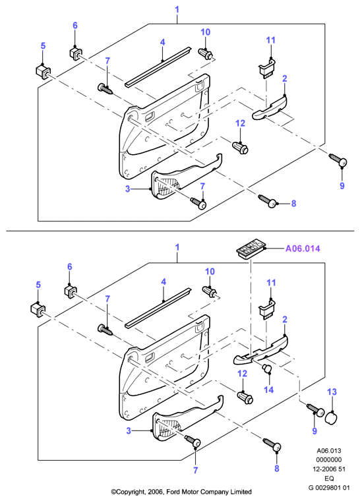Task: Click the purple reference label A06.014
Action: (x=303, y=249)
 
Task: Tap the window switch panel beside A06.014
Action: (x=251, y=249)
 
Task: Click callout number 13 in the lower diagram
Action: (x=332, y=392)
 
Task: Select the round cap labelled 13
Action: (x=331, y=417)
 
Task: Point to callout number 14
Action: (x=268, y=390)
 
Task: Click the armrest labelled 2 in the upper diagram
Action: (x=270, y=108)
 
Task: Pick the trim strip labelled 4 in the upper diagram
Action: (x=158, y=66)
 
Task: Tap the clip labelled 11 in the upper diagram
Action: (x=267, y=69)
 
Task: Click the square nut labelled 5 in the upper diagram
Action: (x=42, y=71)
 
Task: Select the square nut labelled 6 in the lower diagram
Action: (x=71, y=291)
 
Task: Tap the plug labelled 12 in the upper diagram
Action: (x=240, y=147)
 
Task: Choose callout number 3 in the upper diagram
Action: (x=127, y=189)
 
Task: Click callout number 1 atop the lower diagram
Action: (x=177, y=247)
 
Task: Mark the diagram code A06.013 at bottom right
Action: (x=329, y=451)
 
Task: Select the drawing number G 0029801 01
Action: (x=329, y=488)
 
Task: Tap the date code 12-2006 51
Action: (x=329, y=469)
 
